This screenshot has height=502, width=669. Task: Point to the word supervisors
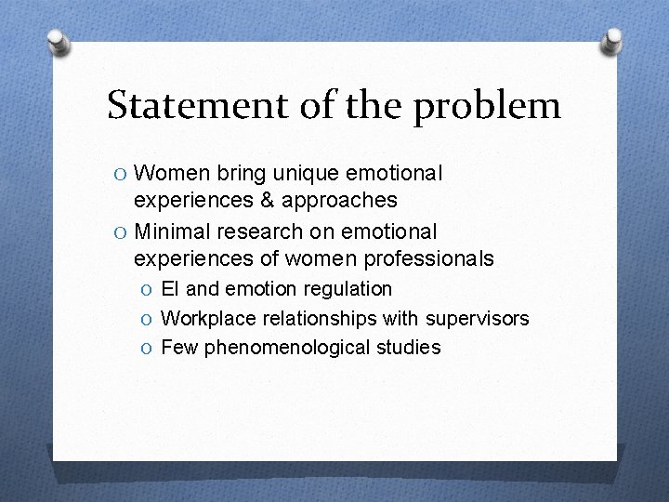(478, 319)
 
